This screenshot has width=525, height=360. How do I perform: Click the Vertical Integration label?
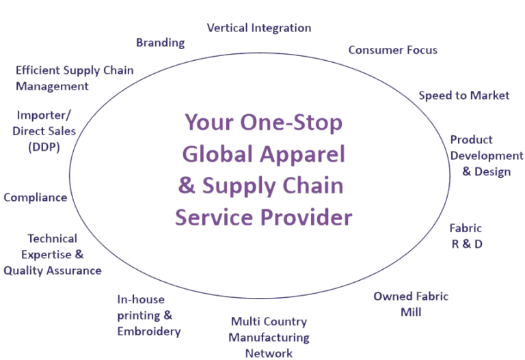259,28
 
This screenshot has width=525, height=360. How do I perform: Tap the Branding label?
160,43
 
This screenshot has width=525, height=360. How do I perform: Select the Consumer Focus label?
392,50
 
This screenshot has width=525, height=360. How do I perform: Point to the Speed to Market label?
463,96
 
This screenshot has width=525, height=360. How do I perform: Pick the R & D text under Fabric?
467,243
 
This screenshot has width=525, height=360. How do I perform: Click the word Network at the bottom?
269,353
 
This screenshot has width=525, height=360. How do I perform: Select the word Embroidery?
149,332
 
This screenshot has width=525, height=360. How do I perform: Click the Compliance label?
36,198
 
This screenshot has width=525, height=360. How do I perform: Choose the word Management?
53,87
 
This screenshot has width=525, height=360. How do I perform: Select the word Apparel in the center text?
307,154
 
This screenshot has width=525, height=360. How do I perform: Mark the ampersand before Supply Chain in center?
183,186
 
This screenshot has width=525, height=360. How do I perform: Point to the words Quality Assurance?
53,271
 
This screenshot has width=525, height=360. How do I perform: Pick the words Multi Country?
269,322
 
